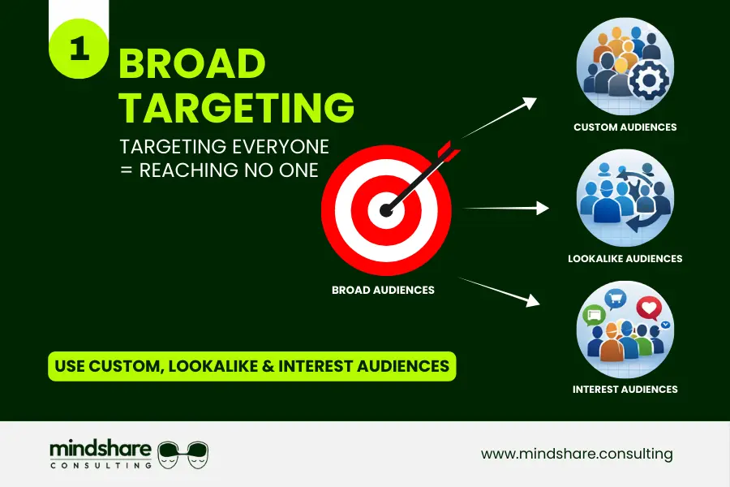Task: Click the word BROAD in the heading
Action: tap(192, 65)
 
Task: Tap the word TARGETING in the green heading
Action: tap(236, 107)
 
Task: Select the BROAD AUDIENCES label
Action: tap(383, 290)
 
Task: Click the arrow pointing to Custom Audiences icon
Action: tap(500, 119)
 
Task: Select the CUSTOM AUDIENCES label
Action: tap(625, 127)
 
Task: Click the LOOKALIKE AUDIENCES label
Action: tap(625, 259)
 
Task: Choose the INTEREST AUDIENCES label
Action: tap(625, 390)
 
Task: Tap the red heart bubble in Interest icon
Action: tap(649, 308)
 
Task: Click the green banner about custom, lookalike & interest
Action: tap(252, 366)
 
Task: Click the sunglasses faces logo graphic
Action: tap(184, 454)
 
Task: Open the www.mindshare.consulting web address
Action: tap(577, 454)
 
